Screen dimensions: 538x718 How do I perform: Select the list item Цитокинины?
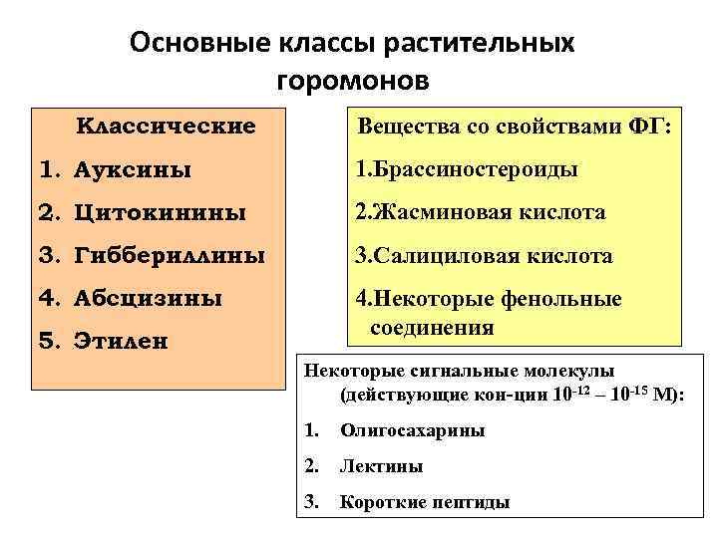[153, 213]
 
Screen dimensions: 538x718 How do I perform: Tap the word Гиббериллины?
[170, 256]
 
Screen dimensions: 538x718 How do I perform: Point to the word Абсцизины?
[148, 298]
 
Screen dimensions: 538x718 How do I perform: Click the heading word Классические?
[166, 127]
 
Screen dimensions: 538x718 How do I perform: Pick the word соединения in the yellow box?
[432, 328]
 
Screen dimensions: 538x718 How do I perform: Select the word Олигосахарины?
[413, 431]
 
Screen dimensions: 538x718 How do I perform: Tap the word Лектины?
[381, 466]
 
